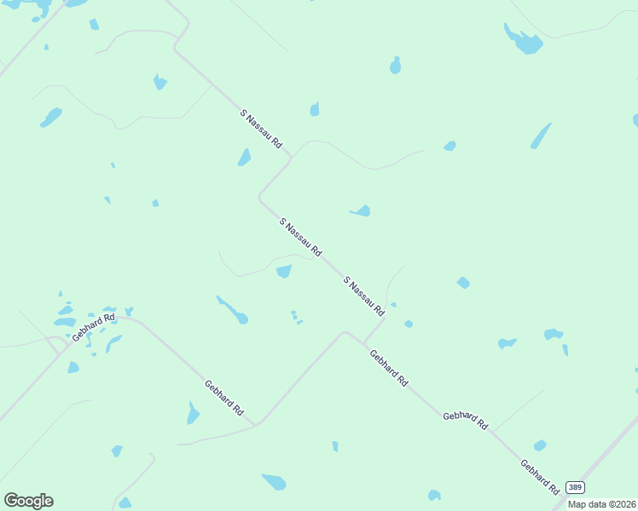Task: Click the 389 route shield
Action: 576,485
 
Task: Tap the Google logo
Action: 28,501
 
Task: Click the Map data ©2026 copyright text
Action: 602,504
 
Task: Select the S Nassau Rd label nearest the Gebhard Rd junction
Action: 364,296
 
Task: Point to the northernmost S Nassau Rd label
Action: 261,129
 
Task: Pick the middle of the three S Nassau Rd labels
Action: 300,238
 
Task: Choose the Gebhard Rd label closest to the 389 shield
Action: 540,478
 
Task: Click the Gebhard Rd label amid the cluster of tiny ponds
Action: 93,328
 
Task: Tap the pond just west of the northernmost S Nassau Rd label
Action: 245,158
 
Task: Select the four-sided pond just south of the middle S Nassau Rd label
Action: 284,271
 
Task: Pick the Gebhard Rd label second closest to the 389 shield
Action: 465,420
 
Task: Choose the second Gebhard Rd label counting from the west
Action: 224,399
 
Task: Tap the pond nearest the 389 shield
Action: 540,445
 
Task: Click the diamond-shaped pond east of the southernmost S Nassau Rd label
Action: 463,283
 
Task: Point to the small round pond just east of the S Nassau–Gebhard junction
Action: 409,324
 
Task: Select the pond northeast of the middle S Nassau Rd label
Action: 361,210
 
